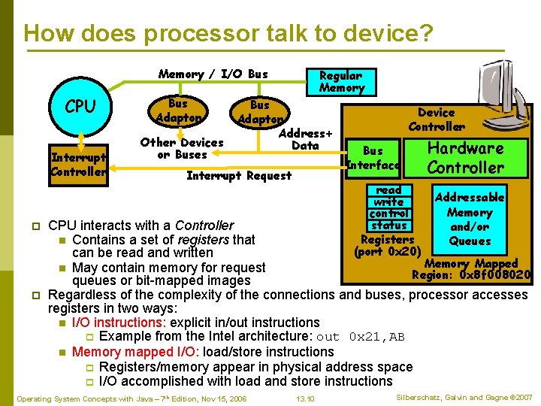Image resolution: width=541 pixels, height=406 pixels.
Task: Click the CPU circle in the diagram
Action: click(x=80, y=107)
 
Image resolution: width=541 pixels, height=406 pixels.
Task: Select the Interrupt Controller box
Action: click(x=78, y=165)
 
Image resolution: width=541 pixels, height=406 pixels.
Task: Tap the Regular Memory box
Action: click(x=341, y=82)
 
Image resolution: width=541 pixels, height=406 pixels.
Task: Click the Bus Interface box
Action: click(x=373, y=158)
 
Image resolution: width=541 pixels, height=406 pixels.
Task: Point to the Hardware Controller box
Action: click(x=465, y=158)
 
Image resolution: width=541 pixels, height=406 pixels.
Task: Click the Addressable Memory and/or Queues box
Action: click(x=470, y=219)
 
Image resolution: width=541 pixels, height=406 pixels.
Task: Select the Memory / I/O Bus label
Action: click(x=213, y=74)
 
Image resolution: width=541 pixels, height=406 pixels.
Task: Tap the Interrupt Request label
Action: click(x=238, y=176)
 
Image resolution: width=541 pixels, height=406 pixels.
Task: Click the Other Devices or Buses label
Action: click(x=181, y=148)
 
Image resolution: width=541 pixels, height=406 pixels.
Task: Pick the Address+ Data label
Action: click(x=305, y=139)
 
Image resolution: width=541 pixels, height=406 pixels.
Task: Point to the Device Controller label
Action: click(x=436, y=120)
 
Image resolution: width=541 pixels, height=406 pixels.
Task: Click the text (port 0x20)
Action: click(x=387, y=252)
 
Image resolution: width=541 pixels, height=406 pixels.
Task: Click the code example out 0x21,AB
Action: click(x=361, y=337)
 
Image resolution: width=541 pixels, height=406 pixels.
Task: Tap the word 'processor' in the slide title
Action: click(x=210, y=33)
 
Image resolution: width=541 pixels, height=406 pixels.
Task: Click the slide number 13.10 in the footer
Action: click(x=305, y=398)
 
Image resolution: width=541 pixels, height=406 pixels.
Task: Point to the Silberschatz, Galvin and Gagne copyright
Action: click(x=462, y=397)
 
